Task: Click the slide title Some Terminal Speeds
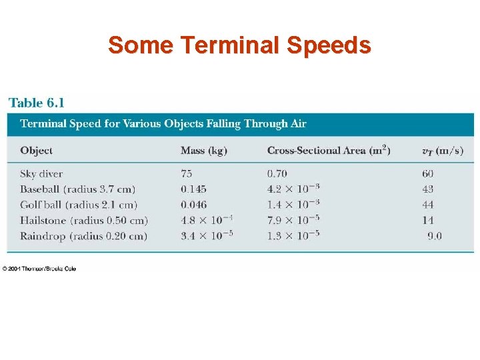click(x=239, y=45)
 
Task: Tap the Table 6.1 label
click(x=37, y=103)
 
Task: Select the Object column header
click(x=36, y=151)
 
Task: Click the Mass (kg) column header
click(x=203, y=151)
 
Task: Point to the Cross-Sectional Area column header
click(x=328, y=150)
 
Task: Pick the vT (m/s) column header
click(x=442, y=151)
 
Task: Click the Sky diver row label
click(x=41, y=174)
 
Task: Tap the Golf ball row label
click(x=78, y=205)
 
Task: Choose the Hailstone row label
click(x=83, y=220)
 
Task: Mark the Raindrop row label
click(x=83, y=235)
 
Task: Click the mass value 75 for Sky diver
click(x=187, y=174)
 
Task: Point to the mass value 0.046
click(x=193, y=205)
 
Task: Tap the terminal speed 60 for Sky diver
click(x=427, y=174)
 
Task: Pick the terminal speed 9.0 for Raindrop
click(x=434, y=235)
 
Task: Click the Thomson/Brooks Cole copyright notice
click(x=39, y=268)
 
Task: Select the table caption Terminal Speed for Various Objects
click(x=163, y=123)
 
